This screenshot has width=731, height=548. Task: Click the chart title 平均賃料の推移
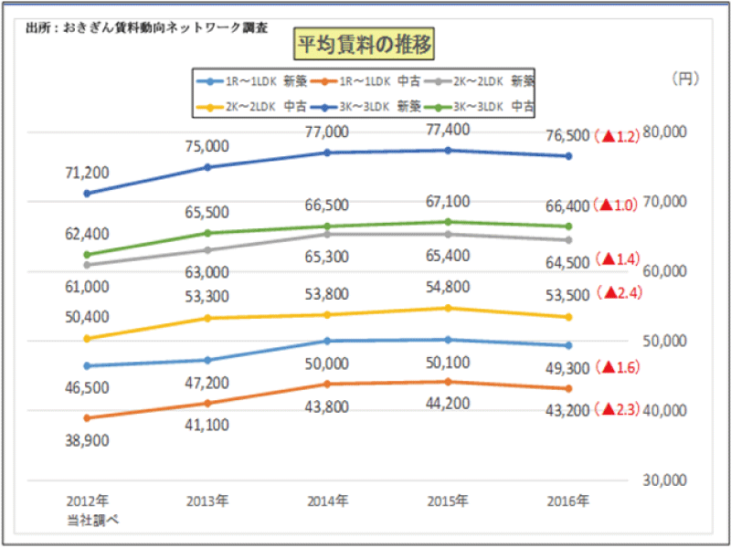click(364, 43)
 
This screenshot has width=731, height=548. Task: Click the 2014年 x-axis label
click(327, 501)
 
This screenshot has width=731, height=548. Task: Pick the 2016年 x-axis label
click(568, 501)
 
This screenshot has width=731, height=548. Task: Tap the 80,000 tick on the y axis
click(664, 132)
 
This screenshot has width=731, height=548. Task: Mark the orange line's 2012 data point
click(87, 418)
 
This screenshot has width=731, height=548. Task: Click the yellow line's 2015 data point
click(448, 308)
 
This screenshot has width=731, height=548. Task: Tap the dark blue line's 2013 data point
click(207, 167)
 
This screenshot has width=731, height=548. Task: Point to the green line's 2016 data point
click(568, 227)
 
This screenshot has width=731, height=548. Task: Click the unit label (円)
click(685, 79)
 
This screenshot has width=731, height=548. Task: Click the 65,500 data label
click(207, 212)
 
